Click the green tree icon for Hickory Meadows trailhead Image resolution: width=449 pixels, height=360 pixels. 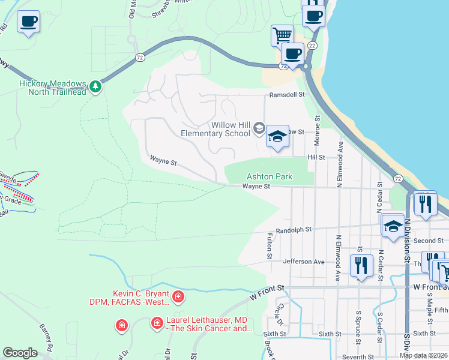pos(95,88)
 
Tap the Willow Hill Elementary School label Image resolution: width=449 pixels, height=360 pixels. pos(220,129)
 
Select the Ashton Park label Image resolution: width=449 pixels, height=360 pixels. pos(270,176)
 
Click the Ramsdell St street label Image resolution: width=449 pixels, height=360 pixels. pos(287,95)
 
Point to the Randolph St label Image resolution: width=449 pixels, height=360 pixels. pos(294,230)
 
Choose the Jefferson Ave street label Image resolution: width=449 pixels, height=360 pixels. pos(304,262)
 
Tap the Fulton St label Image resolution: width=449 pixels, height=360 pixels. pos(269,247)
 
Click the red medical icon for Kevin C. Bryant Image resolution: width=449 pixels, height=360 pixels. pos(178,296)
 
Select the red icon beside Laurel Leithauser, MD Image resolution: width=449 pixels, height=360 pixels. pos(157,323)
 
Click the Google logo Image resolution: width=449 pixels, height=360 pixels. pos(20,353)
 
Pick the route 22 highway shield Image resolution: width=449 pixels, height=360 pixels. pos(312,46)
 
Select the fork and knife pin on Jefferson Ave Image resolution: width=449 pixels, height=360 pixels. pos(360,263)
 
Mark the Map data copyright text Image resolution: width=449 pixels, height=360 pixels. pos(424,355)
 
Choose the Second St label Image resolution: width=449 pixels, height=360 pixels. pos(428,241)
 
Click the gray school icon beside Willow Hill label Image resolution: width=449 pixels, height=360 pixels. pos(259,127)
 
